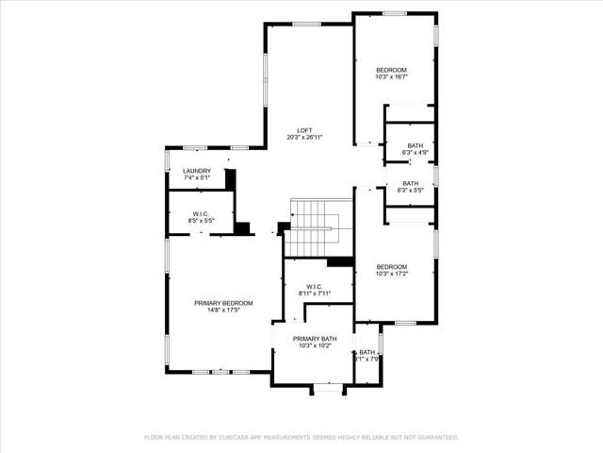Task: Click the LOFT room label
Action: [x=304, y=130]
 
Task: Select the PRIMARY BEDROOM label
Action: [x=223, y=303]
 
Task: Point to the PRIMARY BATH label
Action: [x=315, y=339]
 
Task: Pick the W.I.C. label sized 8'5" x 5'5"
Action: [x=201, y=214]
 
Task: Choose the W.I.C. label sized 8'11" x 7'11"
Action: [x=315, y=287]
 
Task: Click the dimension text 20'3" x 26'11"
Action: [x=304, y=138]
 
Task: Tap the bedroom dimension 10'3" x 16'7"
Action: [x=391, y=77]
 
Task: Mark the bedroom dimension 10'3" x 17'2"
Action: [x=391, y=274]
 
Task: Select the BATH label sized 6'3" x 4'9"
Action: [x=416, y=145]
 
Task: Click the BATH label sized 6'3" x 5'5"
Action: [x=411, y=183]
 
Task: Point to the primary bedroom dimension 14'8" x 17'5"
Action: [x=223, y=310]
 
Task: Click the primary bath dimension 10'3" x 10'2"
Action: [x=315, y=345]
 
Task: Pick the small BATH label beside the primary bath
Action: [x=367, y=352]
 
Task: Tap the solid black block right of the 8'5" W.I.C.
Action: [x=244, y=227]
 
